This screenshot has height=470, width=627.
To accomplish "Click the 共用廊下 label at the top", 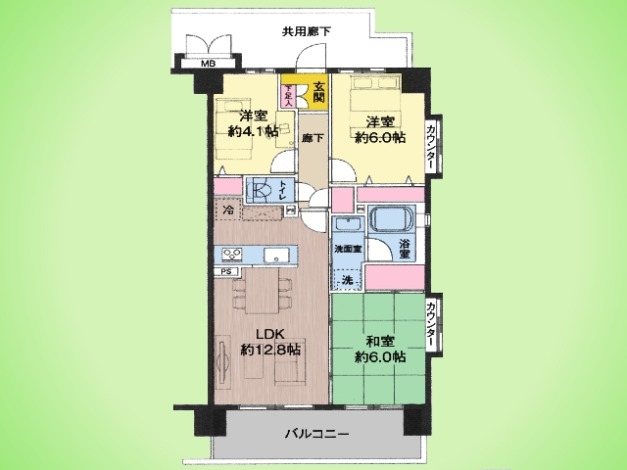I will click(x=306, y=32).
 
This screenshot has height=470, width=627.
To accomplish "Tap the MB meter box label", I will click(x=208, y=65).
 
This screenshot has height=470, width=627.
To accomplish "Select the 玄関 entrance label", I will click(x=319, y=93).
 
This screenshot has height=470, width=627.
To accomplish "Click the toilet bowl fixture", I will click(x=262, y=189).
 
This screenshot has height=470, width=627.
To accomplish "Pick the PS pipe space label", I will click(x=226, y=271).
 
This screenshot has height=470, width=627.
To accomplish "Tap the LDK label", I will click(x=257, y=332).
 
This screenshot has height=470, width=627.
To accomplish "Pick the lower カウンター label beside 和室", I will click(x=432, y=325).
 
